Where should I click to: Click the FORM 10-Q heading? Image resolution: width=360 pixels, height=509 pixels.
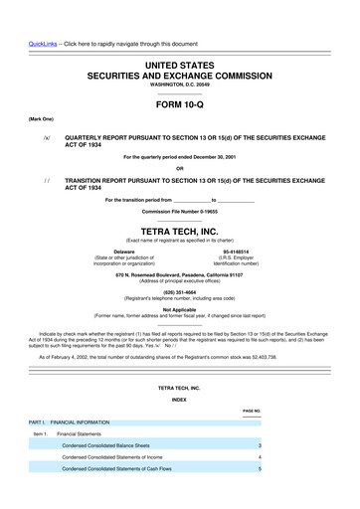click(x=180, y=102)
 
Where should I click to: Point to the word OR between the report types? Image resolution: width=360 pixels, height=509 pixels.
click(x=179, y=166)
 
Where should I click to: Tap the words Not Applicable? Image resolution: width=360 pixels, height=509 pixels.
click(x=179, y=309)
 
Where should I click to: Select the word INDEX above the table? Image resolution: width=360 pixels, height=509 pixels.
click(x=179, y=399)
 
